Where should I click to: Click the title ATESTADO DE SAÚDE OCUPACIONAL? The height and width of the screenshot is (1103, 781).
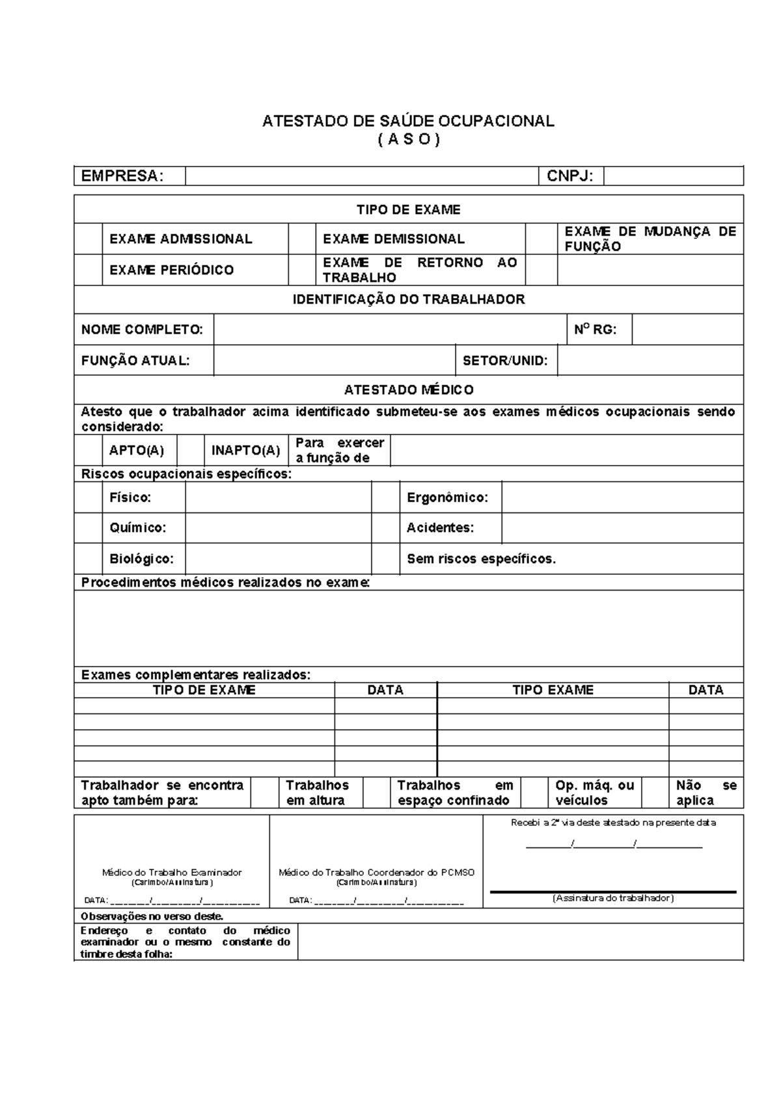tap(408, 121)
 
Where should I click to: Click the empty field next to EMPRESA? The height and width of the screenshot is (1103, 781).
tap(362, 176)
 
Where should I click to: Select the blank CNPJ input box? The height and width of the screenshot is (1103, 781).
tap(673, 176)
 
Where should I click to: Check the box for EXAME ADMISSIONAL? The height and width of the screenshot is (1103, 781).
tap(88, 239)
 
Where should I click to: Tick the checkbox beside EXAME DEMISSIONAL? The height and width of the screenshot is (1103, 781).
tap(302, 239)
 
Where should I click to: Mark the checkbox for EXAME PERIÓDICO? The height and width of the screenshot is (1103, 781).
tap(88, 270)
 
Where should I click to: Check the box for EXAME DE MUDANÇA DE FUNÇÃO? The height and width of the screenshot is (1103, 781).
tap(541, 239)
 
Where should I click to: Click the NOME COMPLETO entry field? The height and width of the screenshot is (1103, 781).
tap(389, 330)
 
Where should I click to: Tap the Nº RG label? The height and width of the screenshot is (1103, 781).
tap(594, 330)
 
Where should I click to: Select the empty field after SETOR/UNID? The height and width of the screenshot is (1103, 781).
tap(650, 360)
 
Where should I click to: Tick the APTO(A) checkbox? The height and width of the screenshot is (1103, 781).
tap(88, 450)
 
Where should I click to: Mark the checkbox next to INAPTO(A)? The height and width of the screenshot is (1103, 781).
tap(191, 450)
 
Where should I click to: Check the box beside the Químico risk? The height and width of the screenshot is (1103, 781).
tap(88, 527)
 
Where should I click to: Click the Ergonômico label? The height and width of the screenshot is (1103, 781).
tap(447, 498)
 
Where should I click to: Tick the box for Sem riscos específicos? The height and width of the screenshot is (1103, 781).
tap(385, 559)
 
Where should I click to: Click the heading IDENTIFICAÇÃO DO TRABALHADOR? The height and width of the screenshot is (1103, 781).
tap(408, 299)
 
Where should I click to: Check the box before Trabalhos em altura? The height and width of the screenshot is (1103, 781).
tap(265, 792)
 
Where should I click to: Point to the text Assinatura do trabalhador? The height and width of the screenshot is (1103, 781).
tap(613, 898)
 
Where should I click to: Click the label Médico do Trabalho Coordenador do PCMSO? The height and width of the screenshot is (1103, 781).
tap(376, 872)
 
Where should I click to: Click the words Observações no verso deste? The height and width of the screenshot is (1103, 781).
tap(152, 916)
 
